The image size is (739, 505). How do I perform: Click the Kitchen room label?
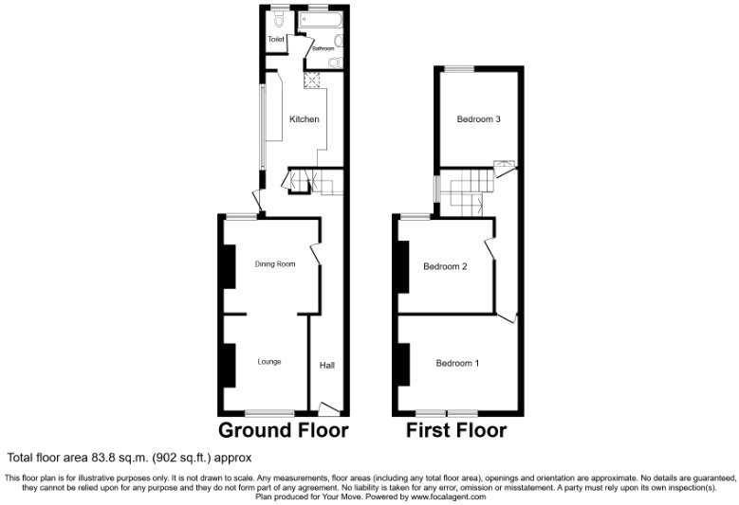[x=304, y=119]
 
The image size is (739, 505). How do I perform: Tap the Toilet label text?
[x=276, y=39]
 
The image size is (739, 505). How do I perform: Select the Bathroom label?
[x=323, y=47]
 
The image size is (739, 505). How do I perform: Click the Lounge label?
[x=269, y=361]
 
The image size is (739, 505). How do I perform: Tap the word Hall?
[x=326, y=365]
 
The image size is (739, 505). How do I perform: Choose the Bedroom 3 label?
[x=478, y=119]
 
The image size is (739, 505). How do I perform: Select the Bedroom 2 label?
[x=445, y=266]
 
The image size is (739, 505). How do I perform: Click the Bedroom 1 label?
[x=457, y=363]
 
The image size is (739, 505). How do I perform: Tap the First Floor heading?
[x=455, y=430]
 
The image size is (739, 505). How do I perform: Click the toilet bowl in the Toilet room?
[x=279, y=18]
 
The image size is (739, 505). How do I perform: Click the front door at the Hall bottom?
[x=328, y=408]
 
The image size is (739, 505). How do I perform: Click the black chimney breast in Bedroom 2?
[x=403, y=266]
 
